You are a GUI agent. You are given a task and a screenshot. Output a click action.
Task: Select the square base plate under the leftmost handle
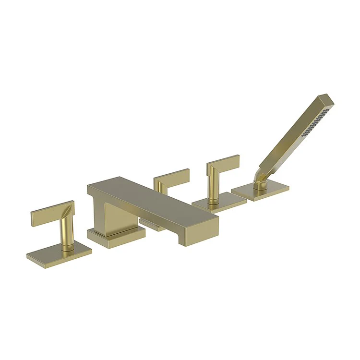click(x=53, y=256)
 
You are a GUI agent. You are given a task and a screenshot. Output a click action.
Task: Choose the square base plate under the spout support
click(x=115, y=235)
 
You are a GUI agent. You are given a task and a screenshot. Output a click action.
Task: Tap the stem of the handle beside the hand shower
click(x=211, y=185)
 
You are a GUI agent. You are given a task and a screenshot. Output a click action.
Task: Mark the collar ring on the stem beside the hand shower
click(x=211, y=197)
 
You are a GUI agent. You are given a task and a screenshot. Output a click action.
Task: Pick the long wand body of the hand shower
click(x=293, y=139)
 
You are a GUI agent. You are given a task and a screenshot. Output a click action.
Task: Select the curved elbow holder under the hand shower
click(x=260, y=180)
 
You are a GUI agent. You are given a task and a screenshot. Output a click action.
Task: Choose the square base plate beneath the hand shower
click(x=259, y=192)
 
